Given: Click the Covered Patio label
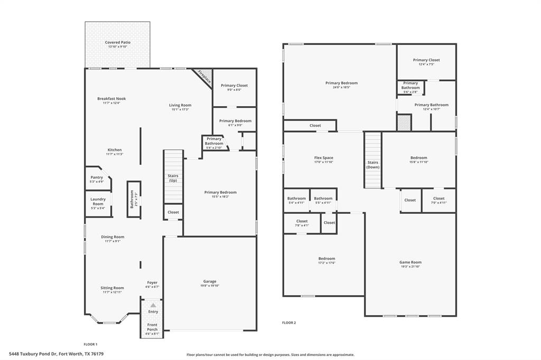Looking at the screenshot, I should click(117, 42).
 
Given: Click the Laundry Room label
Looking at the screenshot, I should click(98, 201).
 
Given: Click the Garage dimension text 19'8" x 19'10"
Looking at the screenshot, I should click(210, 286).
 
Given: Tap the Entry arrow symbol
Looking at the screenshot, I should click(153, 305).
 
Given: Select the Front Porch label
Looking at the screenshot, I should click(152, 326).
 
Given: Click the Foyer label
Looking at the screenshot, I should click(152, 282).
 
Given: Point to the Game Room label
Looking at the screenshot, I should click(410, 262).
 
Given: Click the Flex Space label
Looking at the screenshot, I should click(324, 158).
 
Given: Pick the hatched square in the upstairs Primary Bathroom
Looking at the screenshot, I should click(404, 122).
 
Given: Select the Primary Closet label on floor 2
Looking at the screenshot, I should click(426, 60).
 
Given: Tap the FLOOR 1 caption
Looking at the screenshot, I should click(90, 344).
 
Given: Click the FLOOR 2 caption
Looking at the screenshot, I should click(288, 323).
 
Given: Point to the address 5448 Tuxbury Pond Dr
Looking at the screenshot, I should click(56, 354).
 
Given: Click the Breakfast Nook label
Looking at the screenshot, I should click(111, 99).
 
